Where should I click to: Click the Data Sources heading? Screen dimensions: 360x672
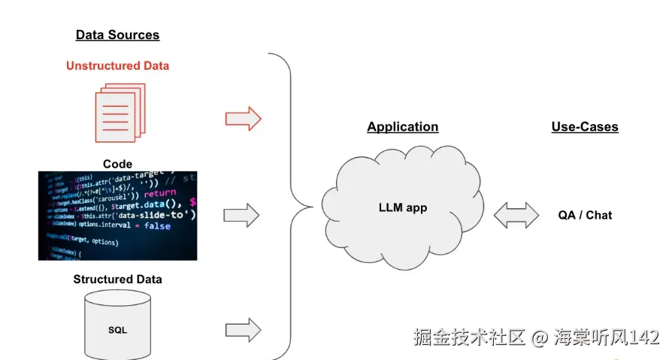click(x=117, y=35)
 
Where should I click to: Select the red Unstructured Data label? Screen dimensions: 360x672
click(x=117, y=65)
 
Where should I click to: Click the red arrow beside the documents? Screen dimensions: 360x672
click(x=243, y=118)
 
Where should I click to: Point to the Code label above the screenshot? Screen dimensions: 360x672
click(x=117, y=164)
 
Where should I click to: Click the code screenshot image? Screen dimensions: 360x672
click(x=117, y=216)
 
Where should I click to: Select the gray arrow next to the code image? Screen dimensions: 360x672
click(x=241, y=216)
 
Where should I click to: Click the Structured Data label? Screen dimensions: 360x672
click(x=117, y=280)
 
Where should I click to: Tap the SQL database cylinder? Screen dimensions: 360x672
click(x=117, y=328)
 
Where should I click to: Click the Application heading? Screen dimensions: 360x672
click(x=402, y=127)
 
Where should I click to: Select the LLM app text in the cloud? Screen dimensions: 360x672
click(x=402, y=207)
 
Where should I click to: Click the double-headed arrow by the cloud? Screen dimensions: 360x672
click(x=516, y=215)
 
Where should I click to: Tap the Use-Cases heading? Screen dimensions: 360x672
click(x=584, y=127)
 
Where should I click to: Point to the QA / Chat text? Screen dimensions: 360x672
click(x=584, y=215)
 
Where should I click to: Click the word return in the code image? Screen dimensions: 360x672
click(x=159, y=193)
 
